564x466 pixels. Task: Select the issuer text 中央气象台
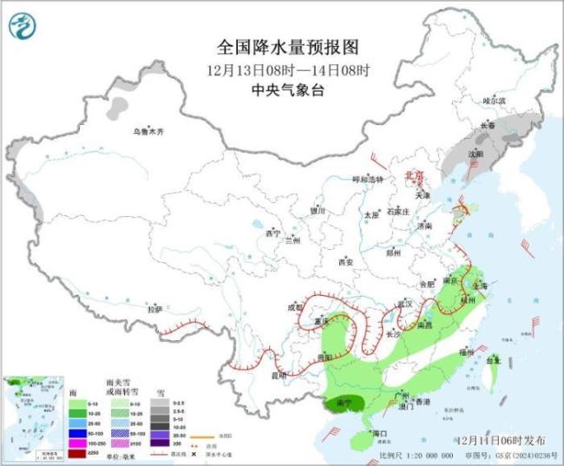282,89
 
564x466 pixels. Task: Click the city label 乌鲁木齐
148,132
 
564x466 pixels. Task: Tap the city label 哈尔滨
494,101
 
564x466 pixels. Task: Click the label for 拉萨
154,309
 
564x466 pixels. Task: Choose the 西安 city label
346,261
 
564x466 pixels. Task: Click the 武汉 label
403,304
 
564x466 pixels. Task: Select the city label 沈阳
474,154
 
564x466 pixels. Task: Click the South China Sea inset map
32,415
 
